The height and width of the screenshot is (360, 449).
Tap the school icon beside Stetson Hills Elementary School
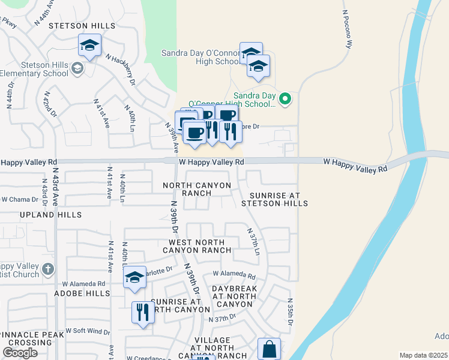click(77, 68)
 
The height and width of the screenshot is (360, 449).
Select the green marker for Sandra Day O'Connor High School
click(286, 99)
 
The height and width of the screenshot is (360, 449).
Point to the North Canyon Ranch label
click(196, 190)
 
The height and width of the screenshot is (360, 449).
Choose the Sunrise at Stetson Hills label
click(274, 200)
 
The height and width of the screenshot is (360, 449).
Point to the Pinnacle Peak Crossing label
click(27, 338)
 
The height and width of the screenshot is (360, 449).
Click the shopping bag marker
click(269, 349)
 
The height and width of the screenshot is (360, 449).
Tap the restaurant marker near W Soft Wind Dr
click(142, 312)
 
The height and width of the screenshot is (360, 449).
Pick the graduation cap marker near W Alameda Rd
click(135, 277)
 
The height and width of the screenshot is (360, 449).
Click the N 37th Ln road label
click(253, 241)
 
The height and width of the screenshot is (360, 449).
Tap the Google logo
click(20, 353)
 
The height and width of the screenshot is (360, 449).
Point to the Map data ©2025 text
click(423, 355)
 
